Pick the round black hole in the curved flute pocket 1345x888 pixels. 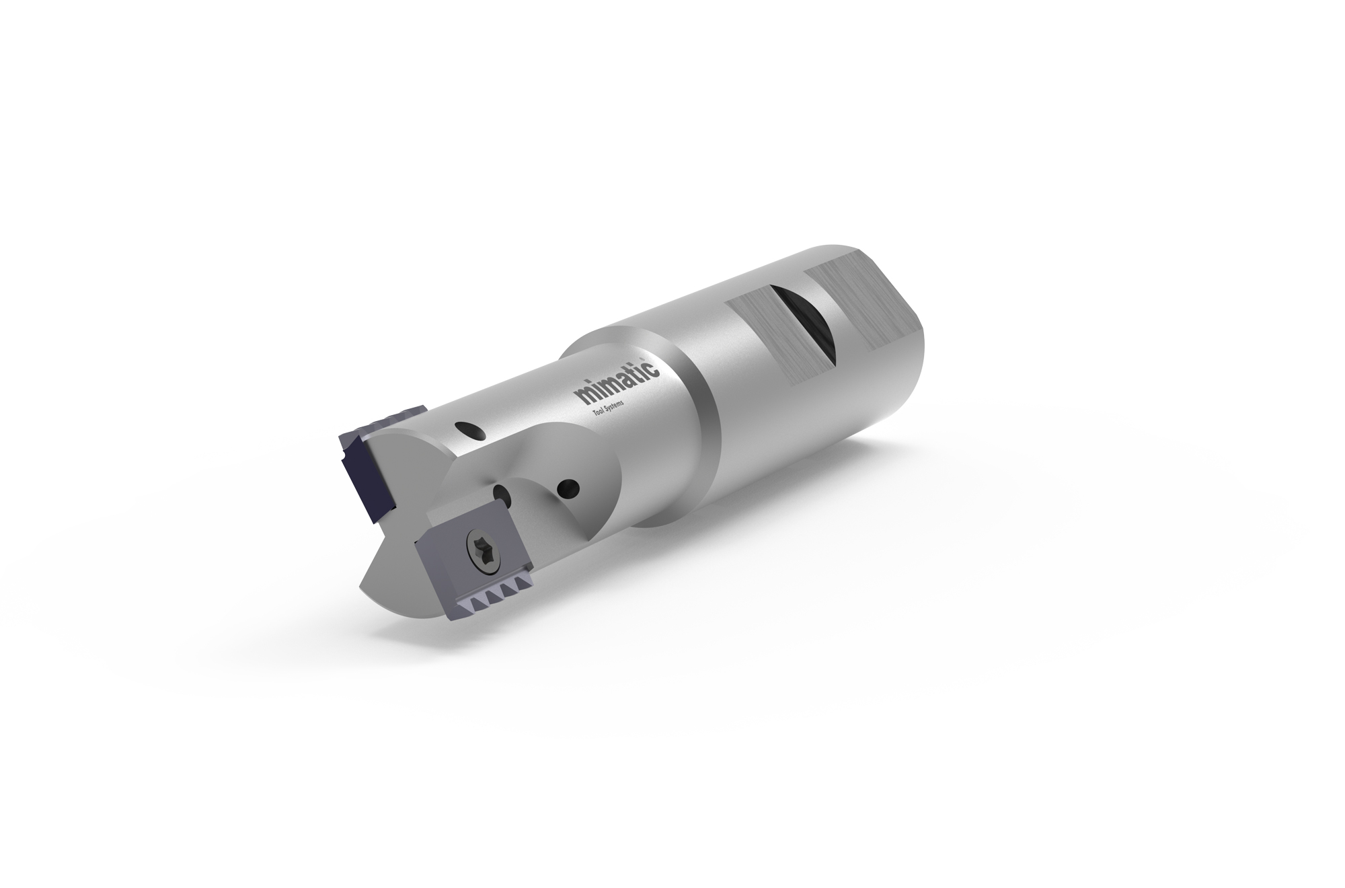coord(569,485)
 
